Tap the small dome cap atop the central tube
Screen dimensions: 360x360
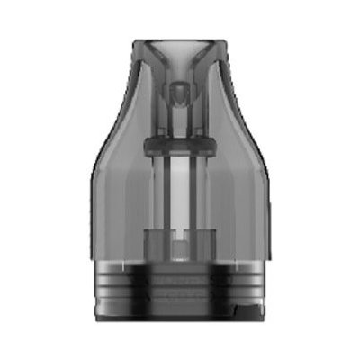tap(180, 90)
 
